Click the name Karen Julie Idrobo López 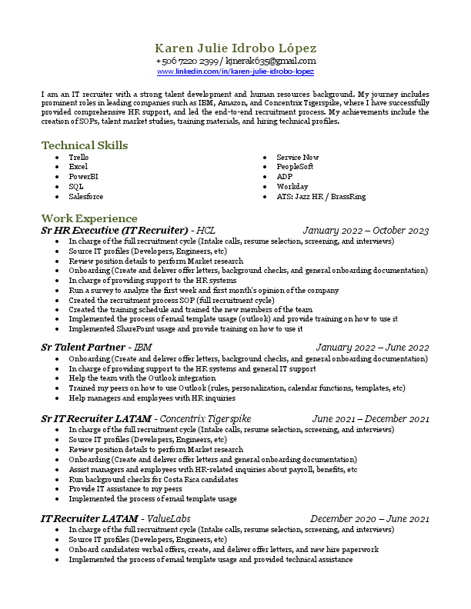tap(235, 48)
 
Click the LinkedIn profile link tap(235, 72)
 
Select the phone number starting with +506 tap(187, 61)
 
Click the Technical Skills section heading tap(85, 145)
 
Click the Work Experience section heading tap(89, 218)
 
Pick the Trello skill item tap(78, 158)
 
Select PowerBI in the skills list tap(82, 177)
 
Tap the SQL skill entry tap(75, 187)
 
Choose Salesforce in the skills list tap(85, 197)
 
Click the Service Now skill tap(297, 158)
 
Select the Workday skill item tap(292, 187)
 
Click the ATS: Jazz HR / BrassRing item tap(321, 197)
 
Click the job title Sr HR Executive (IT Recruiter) tap(115, 231)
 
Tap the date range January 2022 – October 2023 tap(366, 231)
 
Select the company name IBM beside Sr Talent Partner tap(143, 348)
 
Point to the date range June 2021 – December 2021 tap(370, 418)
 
